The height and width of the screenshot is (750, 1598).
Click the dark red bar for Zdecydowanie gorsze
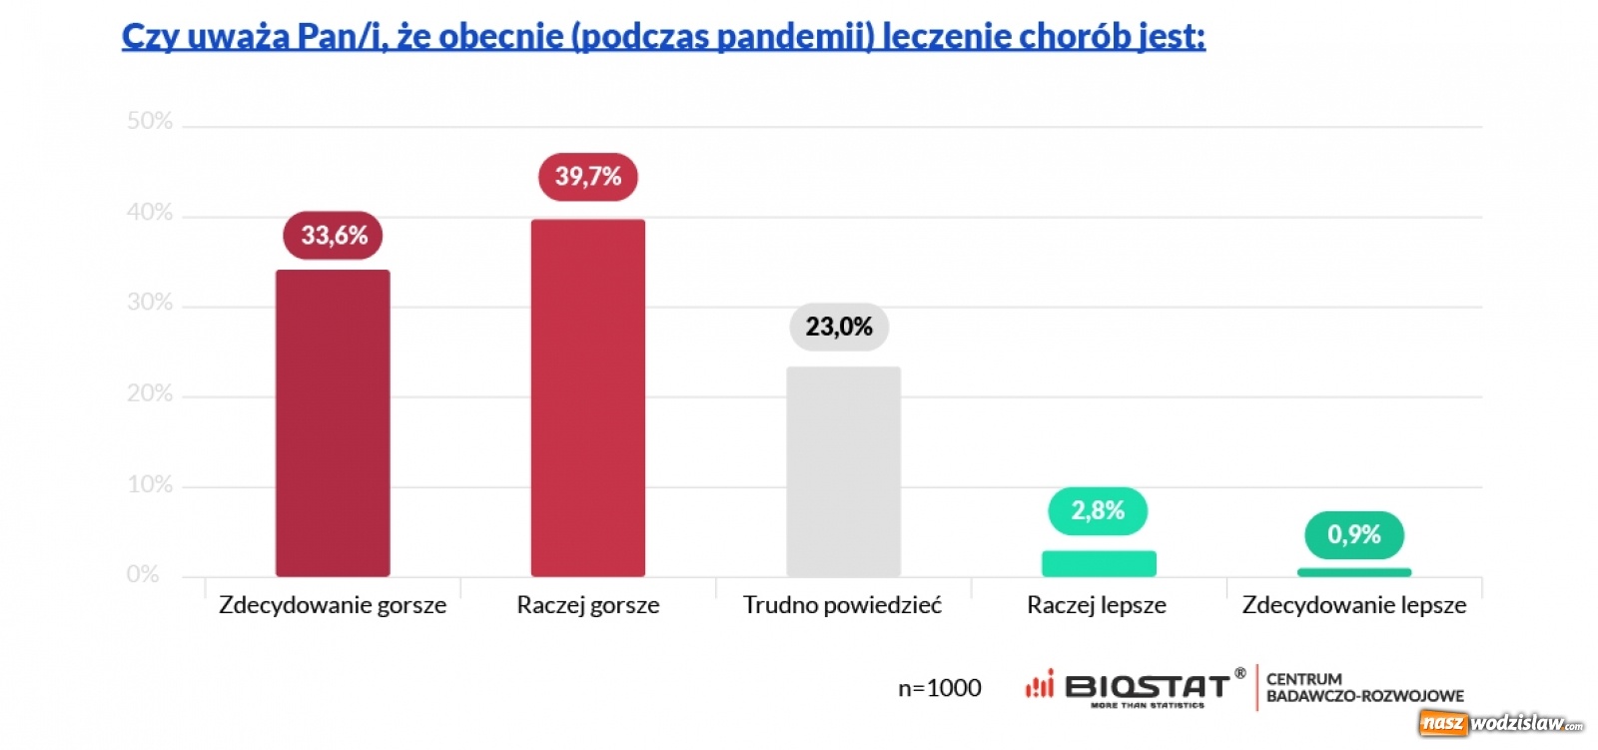(x=333, y=422)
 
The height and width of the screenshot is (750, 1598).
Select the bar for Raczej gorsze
(x=587, y=397)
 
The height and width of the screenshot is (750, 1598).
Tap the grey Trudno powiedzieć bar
(x=843, y=471)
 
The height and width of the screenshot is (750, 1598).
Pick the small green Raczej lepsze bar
(x=1099, y=563)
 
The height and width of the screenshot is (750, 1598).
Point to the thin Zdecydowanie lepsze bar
(x=1353, y=572)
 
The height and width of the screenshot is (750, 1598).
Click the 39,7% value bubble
(x=587, y=177)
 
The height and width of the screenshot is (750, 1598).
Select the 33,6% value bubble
(x=334, y=236)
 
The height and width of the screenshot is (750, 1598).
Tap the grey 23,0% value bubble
(x=839, y=327)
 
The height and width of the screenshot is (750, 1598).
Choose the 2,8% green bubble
(x=1098, y=511)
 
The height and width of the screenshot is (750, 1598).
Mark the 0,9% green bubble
(x=1353, y=535)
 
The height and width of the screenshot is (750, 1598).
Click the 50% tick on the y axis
(x=150, y=122)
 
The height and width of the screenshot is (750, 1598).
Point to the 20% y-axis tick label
(x=150, y=393)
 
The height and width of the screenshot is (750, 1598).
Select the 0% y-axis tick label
(x=143, y=574)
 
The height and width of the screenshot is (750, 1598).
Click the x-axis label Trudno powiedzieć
(x=842, y=605)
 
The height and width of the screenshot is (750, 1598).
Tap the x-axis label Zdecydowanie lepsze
(x=1353, y=605)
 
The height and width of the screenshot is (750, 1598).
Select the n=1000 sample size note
(x=939, y=688)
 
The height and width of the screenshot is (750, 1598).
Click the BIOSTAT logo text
(x=1147, y=687)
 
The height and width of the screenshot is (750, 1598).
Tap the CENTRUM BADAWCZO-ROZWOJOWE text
(x=1364, y=687)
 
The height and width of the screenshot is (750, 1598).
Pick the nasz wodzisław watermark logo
(x=1501, y=723)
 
